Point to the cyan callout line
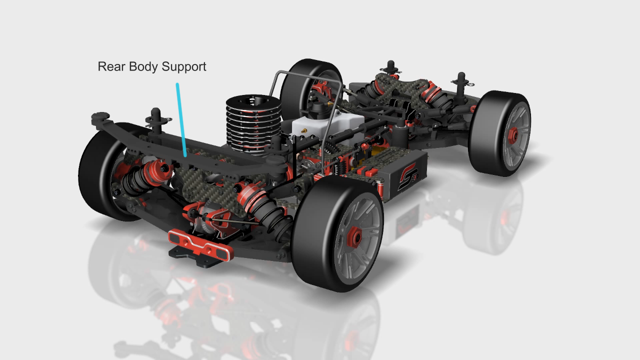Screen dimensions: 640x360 coord(181,119)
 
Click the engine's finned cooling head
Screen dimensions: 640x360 coord(253,125)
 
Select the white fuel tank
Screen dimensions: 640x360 coord(328,125)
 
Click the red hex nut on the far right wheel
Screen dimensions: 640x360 coord(513,133)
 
